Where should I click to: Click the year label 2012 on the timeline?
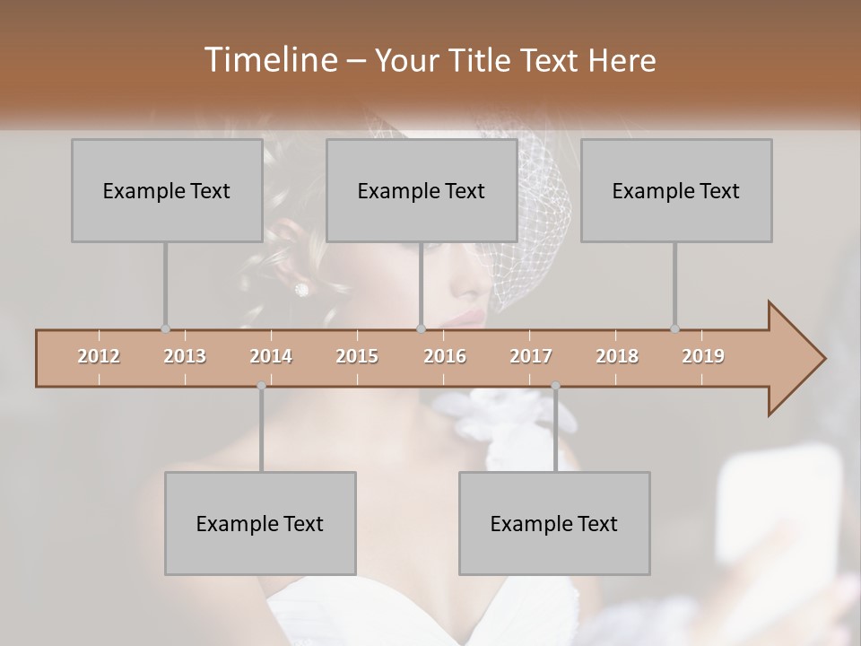point(99,356)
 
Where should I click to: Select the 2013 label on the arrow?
point(185,356)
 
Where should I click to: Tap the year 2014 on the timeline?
point(271,356)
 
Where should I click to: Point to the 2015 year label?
point(357,356)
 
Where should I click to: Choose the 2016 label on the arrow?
point(445,356)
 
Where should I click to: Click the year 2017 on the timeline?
point(531,356)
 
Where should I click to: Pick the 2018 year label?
point(617,356)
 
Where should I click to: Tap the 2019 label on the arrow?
point(703,356)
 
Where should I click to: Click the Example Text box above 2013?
point(167,190)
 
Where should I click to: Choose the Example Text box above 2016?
point(422,190)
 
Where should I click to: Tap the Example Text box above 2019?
point(676,190)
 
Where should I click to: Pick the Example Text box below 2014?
point(260,523)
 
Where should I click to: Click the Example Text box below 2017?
point(554,523)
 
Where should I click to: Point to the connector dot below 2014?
point(261,386)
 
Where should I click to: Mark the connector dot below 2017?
point(555,386)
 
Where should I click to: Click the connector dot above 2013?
point(165,328)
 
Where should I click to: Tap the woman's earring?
point(301,289)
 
